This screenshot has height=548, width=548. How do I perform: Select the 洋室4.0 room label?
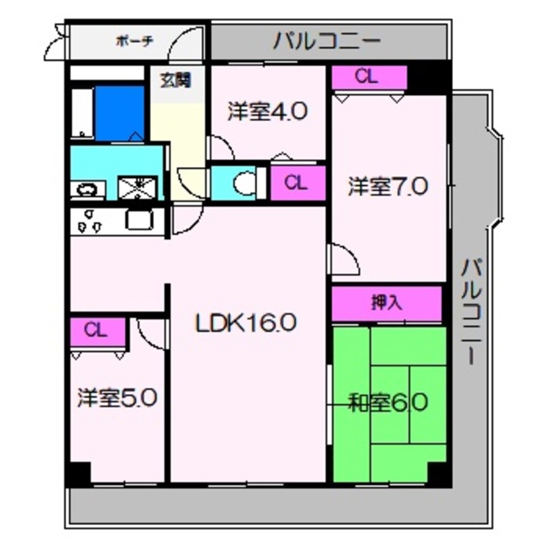pos(267,111)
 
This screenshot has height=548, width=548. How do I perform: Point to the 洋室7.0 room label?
pos(387,188)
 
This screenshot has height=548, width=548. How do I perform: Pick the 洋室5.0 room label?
pos(116,398)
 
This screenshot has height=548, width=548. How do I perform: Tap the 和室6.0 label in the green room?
pos(388,402)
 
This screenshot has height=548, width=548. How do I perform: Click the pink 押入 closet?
pos(386,302)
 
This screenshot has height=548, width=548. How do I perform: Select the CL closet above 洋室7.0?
pos(366,77)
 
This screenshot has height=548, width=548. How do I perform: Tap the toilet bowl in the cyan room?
pos(243,182)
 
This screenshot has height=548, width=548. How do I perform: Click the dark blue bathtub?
pos(119,112)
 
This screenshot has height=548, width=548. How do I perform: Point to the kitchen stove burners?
pos(90,221)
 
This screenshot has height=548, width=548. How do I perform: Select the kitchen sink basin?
pos(138,220)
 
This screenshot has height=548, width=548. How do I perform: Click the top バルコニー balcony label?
pos(329,40)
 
